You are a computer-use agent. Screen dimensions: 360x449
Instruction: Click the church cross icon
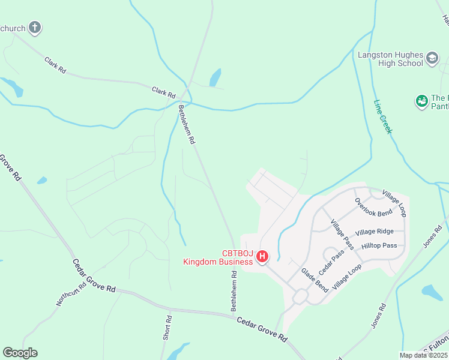pyautogui.click(x=35, y=27)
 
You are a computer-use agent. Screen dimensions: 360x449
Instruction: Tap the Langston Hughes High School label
pyautogui.click(x=390, y=59)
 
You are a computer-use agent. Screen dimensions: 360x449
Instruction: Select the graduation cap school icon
pyautogui.click(x=433, y=59)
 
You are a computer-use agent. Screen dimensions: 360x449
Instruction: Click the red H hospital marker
pyautogui.click(x=262, y=257)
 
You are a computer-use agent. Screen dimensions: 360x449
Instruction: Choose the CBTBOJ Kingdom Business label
pyautogui.click(x=218, y=257)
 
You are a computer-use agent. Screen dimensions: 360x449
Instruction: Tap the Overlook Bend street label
pyautogui.click(x=373, y=207)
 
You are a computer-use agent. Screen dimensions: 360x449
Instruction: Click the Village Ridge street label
pyautogui.click(x=375, y=232)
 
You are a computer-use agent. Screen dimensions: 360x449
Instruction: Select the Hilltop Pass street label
pyautogui.click(x=379, y=245)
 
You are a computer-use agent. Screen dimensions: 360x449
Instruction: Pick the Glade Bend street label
pyautogui.click(x=314, y=280)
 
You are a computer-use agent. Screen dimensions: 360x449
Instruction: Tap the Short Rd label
pyautogui.click(x=167, y=328)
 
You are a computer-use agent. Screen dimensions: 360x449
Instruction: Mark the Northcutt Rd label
pyautogui.click(x=71, y=293)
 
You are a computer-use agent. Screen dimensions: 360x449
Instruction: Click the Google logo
pyautogui.click(x=20, y=353)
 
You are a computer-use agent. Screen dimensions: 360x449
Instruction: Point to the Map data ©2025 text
pyautogui.click(x=423, y=355)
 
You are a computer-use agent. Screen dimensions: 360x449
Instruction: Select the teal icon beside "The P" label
pyautogui.click(x=421, y=101)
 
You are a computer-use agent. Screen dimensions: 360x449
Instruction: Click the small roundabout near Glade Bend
pyautogui.click(x=300, y=297)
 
